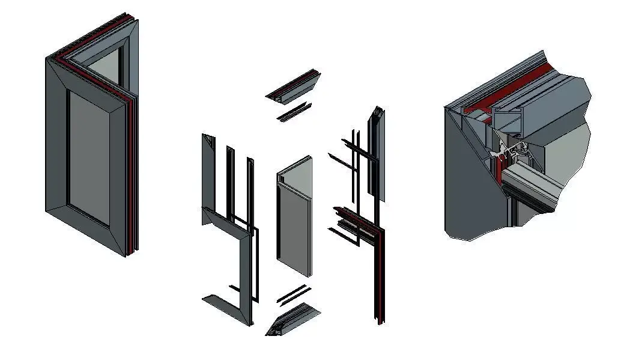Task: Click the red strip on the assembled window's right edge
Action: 131,180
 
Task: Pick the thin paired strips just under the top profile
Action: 294,112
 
